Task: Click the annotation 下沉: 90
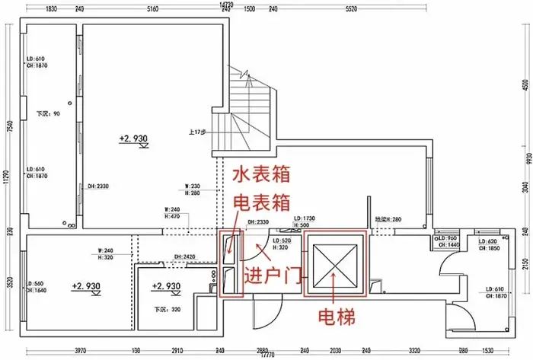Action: [x=48, y=114]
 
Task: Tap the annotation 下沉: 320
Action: [x=160, y=309]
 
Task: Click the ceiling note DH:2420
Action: [x=185, y=256]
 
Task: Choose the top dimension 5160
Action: [x=152, y=10]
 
